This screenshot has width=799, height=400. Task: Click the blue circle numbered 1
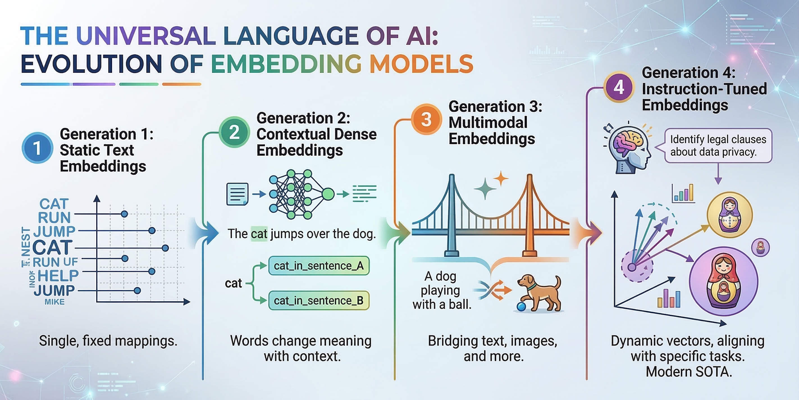(37, 148)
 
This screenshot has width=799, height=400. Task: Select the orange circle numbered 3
(426, 119)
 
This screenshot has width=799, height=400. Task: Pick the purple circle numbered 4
(618, 87)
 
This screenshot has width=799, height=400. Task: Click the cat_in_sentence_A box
(319, 266)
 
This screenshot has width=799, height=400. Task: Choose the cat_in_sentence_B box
(319, 300)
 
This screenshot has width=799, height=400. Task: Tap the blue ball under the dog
(521, 306)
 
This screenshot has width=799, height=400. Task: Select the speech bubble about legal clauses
(718, 146)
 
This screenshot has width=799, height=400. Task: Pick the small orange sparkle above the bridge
(501, 179)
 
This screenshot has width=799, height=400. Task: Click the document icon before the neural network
(237, 194)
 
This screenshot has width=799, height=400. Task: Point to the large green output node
(328, 194)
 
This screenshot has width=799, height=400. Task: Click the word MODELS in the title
(421, 64)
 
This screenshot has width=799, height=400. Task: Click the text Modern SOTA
(689, 371)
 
